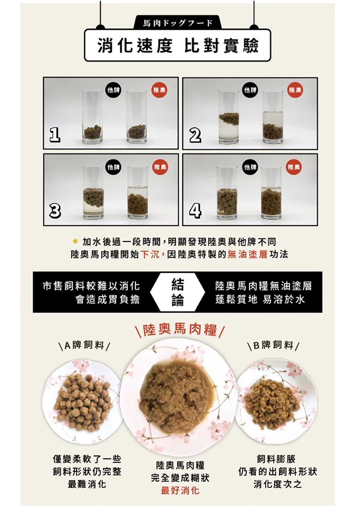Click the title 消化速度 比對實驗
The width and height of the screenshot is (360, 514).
click(178, 45)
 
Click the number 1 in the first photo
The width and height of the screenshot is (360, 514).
click(54, 135)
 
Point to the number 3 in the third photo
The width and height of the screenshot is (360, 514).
click(55, 211)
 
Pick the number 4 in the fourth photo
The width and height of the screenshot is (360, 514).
click(195, 211)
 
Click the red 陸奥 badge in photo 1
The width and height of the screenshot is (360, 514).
click(159, 90)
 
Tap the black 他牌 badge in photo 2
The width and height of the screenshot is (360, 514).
click(250, 90)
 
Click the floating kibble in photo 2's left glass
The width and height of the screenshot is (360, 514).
click(229, 119)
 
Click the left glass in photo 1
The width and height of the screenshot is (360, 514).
click(92, 117)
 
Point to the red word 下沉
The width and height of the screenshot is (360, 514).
click(150, 255)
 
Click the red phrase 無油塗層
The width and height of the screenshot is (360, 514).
click(247, 255)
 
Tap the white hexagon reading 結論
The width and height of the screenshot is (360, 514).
click(178, 292)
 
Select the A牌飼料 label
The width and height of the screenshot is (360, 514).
click(84, 345)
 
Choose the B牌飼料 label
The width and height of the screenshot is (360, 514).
click(273, 345)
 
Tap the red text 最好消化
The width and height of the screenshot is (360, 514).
click(180, 491)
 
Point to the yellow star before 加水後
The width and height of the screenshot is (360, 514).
click(75, 242)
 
